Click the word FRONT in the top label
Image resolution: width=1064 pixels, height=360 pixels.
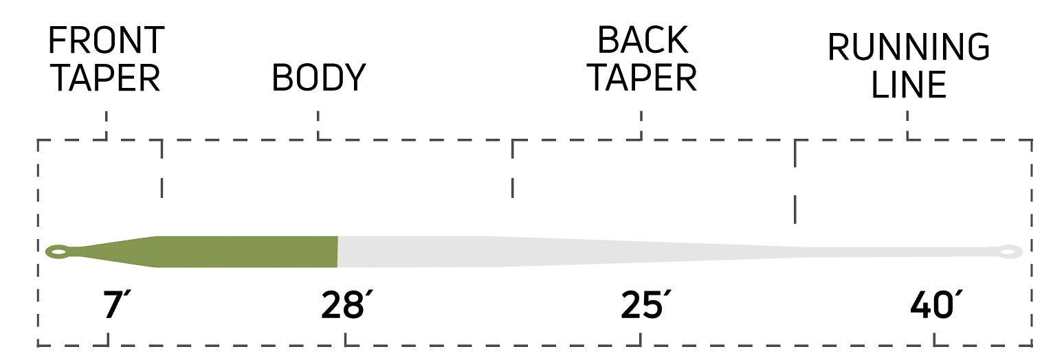click(x=107, y=41)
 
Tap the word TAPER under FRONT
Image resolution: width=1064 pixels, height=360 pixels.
click(x=105, y=78)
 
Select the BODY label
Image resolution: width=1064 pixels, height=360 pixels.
click(x=319, y=78)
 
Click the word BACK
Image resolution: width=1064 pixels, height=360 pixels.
click(x=642, y=41)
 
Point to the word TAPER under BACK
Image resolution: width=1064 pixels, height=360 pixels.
click(x=642, y=78)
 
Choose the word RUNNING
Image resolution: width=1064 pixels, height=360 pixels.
click(x=908, y=47)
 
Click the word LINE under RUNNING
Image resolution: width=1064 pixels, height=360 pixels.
click(x=909, y=85)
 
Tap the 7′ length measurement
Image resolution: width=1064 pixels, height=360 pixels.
click(x=116, y=305)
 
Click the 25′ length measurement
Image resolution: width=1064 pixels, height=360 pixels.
click(x=646, y=305)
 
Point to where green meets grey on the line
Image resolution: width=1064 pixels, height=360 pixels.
click(x=337, y=251)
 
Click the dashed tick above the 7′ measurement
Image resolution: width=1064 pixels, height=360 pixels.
click(x=108, y=339)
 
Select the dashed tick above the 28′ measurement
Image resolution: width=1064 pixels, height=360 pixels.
click(x=345, y=339)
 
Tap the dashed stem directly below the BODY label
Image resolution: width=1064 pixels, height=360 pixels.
click(x=318, y=126)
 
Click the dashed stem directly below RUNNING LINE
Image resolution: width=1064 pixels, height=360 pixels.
click(x=907, y=126)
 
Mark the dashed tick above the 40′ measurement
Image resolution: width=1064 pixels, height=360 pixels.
click(x=934, y=339)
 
